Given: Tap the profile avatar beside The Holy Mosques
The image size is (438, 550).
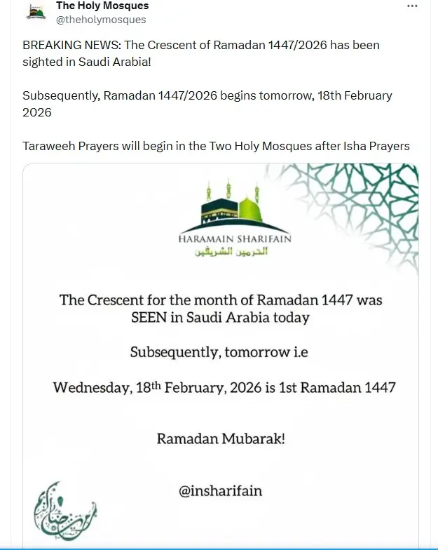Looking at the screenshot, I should (36, 12).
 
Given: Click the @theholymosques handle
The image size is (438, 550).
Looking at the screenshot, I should (101, 20).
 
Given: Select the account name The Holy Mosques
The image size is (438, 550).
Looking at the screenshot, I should (102, 6).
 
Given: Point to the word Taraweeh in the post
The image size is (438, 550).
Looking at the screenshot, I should (50, 146).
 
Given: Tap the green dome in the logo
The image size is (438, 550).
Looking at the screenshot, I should (251, 208).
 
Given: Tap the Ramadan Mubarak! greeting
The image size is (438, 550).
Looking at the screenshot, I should (221, 440).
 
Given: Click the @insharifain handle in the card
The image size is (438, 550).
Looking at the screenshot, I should (221, 490).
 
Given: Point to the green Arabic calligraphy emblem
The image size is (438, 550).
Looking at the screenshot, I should (64, 510).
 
